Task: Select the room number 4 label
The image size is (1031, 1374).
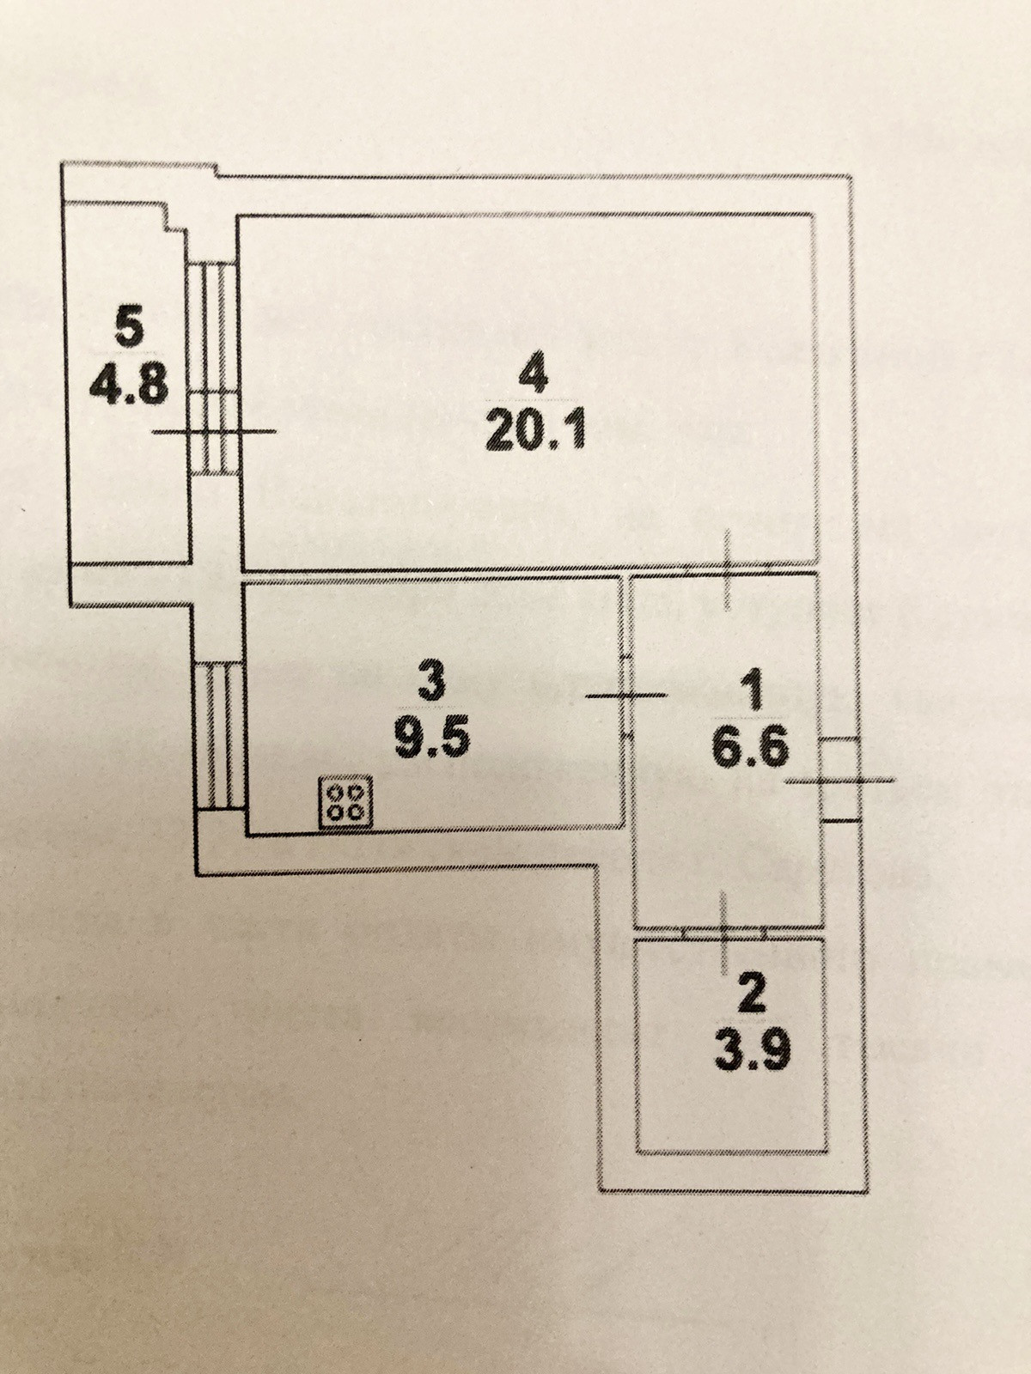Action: [x=533, y=375]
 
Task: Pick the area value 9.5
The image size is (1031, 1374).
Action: [x=431, y=737]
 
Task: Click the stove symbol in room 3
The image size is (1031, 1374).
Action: [x=346, y=803]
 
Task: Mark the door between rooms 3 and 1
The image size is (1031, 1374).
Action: [x=626, y=695]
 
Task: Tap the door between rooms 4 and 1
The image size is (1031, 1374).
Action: [x=727, y=570]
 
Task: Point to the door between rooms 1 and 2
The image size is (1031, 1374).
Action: [x=724, y=929]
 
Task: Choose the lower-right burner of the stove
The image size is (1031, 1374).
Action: [x=356, y=812]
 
